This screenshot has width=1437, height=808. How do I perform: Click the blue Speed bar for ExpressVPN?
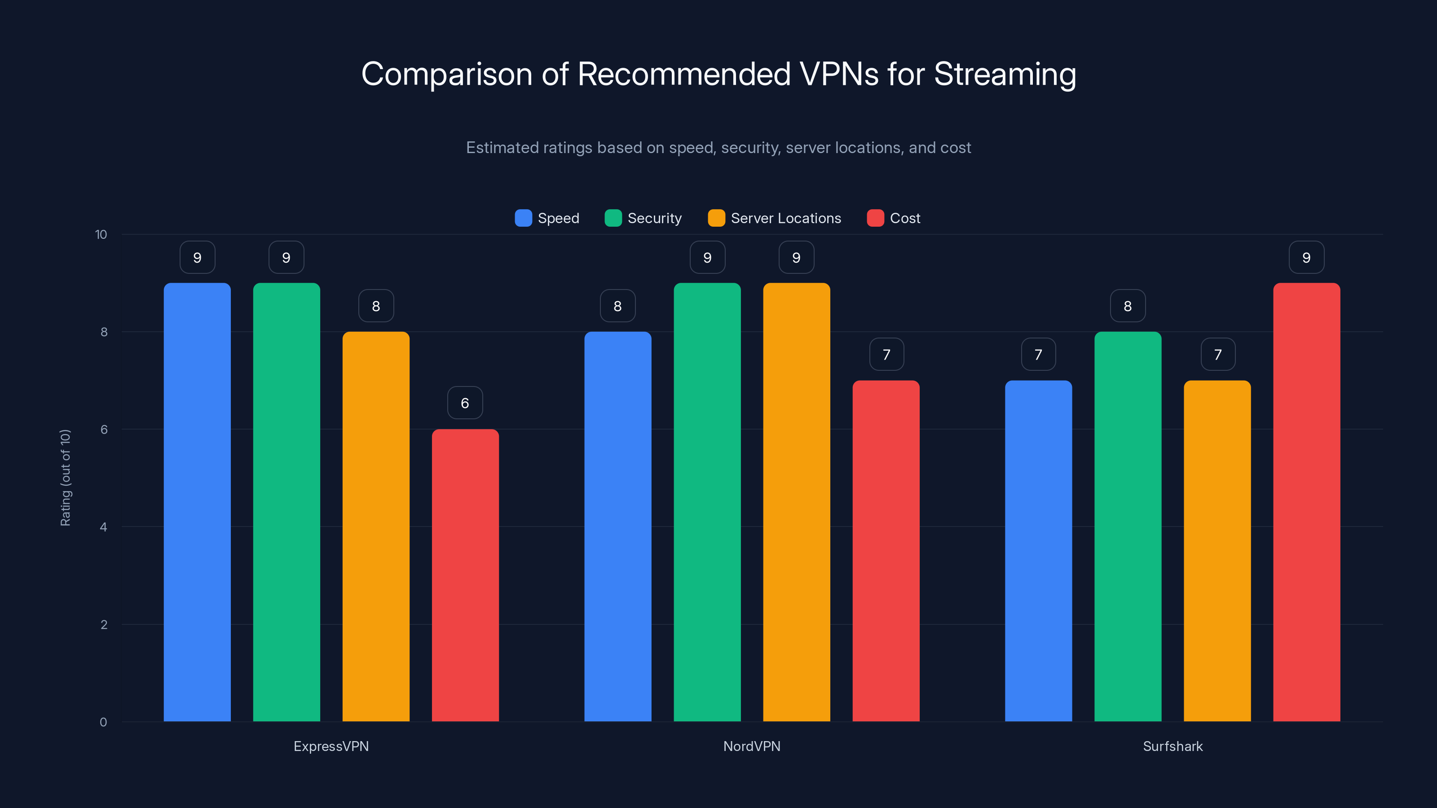pyautogui.click(x=197, y=502)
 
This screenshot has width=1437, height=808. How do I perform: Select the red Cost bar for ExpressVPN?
pyautogui.click(x=465, y=575)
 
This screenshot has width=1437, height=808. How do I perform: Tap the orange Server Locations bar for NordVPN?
pyautogui.click(x=796, y=502)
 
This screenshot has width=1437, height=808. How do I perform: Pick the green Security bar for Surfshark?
pyautogui.click(x=1128, y=527)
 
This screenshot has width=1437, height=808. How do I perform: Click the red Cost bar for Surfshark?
pyautogui.click(x=1306, y=502)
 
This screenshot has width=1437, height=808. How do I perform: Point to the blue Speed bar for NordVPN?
pyautogui.click(x=617, y=527)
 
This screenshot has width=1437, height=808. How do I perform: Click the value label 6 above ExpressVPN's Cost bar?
pyautogui.click(x=465, y=403)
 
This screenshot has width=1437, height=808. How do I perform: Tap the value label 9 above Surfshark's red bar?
pyautogui.click(x=1306, y=257)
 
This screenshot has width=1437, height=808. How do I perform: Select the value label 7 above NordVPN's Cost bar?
pyautogui.click(x=886, y=354)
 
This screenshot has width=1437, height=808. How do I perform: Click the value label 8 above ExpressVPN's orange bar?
pyautogui.click(x=375, y=306)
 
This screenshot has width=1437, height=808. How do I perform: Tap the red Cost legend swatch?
pyautogui.click(x=875, y=218)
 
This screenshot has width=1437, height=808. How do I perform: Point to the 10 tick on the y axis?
pyautogui.click(x=101, y=234)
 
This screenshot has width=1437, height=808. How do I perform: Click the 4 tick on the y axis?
pyautogui.click(x=103, y=527)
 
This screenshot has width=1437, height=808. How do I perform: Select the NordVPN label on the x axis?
pyautogui.click(x=751, y=746)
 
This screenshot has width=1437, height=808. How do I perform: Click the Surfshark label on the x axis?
pyautogui.click(x=1173, y=746)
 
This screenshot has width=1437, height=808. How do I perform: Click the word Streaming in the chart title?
pyautogui.click(x=1005, y=74)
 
